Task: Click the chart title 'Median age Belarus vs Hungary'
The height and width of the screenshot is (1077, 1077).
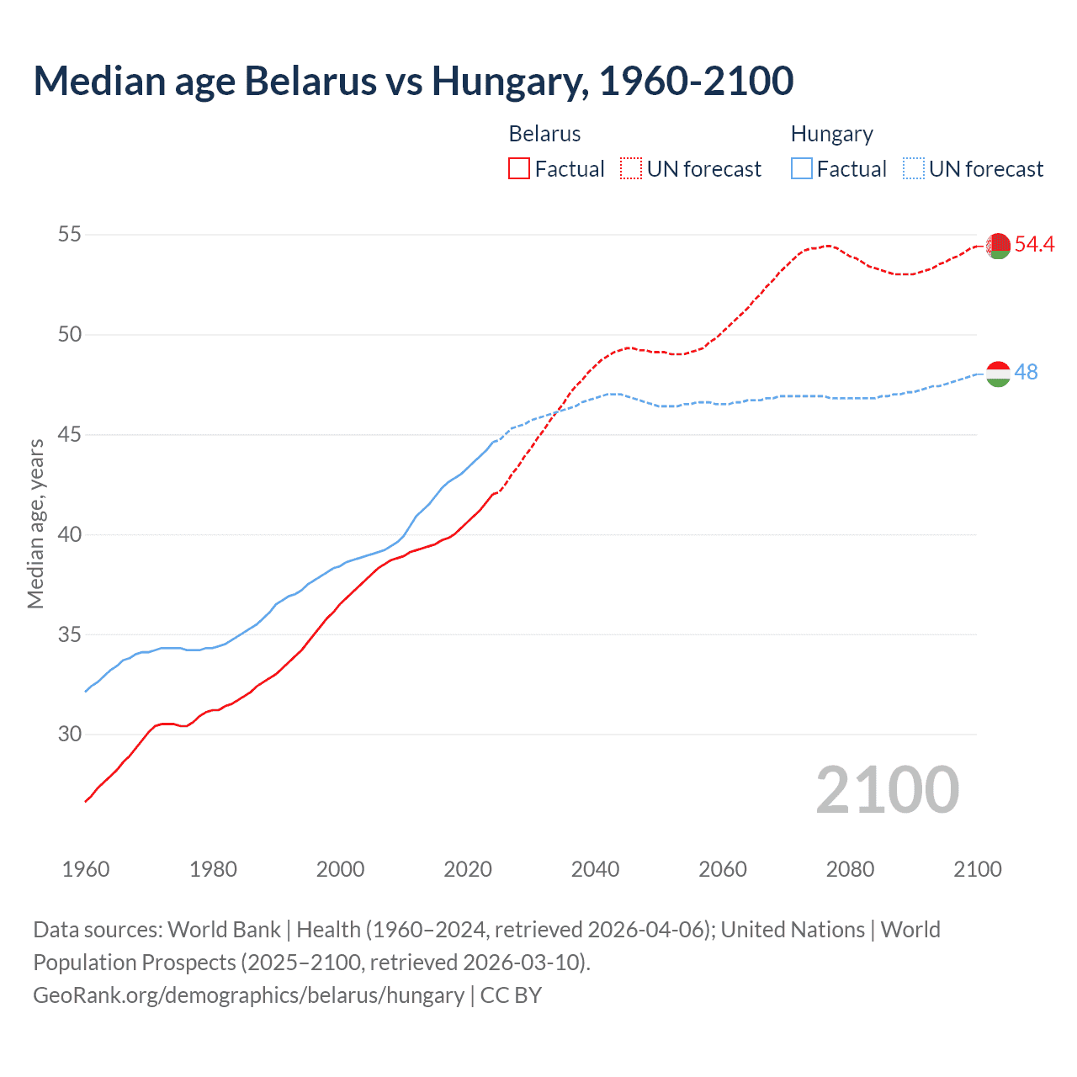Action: pyautogui.click(x=413, y=81)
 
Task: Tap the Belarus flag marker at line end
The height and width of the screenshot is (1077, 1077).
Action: pyautogui.click(x=998, y=246)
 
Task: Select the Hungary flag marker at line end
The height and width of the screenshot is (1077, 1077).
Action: pyautogui.click(x=998, y=374)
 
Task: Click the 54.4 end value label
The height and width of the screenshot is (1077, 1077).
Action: pyautogui.click(x=1034, y=245)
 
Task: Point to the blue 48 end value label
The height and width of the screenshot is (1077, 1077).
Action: pyautogui.click(x=1027, y=372)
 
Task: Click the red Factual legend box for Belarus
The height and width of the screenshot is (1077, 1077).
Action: pyautogui.click(x=519, y=169)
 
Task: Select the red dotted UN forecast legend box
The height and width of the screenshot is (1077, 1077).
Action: pyautogui.click(x=631, y=169)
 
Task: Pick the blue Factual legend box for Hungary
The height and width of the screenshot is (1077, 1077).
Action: pyautogui.click(x=801, y=169)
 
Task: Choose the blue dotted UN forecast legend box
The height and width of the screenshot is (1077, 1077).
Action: pyautogui.click(x=913, y=169)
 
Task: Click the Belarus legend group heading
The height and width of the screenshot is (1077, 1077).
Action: pyautogui.click(x=544, y=134)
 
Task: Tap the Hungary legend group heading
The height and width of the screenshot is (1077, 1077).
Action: pyautogui.click(x=831, y=134)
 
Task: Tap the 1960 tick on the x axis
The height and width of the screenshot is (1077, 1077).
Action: pyautogui.click(x=86, y=869)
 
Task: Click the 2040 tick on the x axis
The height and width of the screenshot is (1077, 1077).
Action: pyautogui.click(x=595, y=869)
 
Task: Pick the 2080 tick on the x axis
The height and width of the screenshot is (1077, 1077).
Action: pyautogui.click(x=850, y=869)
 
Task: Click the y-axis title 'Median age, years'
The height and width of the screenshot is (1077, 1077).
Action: pyautogui.click(x=35, y=523)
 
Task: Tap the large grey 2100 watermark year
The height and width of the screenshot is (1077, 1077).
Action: pyautogui.click(x=887, y=790)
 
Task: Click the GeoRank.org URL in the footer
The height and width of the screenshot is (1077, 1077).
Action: pyautogui.click(x=248, y=995)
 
